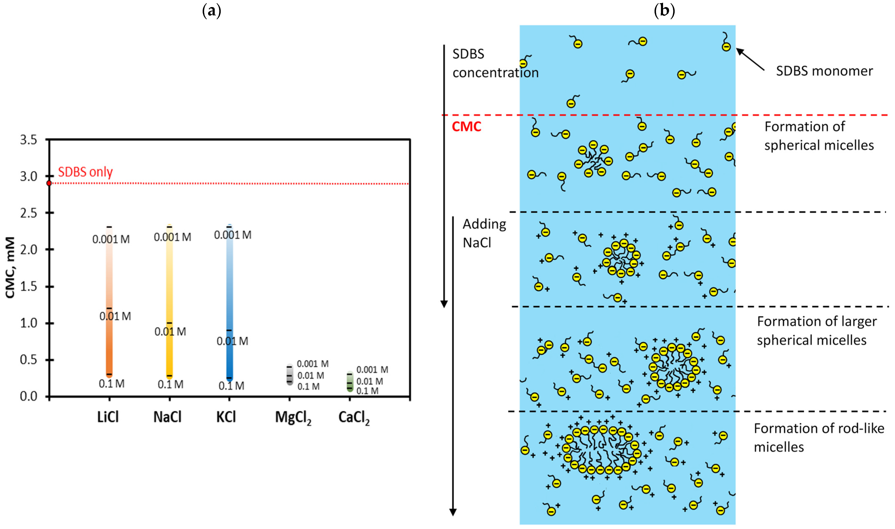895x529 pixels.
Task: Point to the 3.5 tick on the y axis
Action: tap(28, 140)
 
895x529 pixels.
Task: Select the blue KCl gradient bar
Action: tap(229, 303)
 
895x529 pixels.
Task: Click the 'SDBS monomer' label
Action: tap(824, 71)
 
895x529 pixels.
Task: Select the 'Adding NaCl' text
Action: tap(484, 234)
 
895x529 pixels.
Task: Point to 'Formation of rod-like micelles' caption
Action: tap(819, 437)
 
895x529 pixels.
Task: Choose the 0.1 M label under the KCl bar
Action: tap(231, 386)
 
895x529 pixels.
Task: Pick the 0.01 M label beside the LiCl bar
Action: tap(115, 316)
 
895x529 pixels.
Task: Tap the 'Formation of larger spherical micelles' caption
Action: tap(817, 331)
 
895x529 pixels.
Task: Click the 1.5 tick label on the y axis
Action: tap(28, 287)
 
